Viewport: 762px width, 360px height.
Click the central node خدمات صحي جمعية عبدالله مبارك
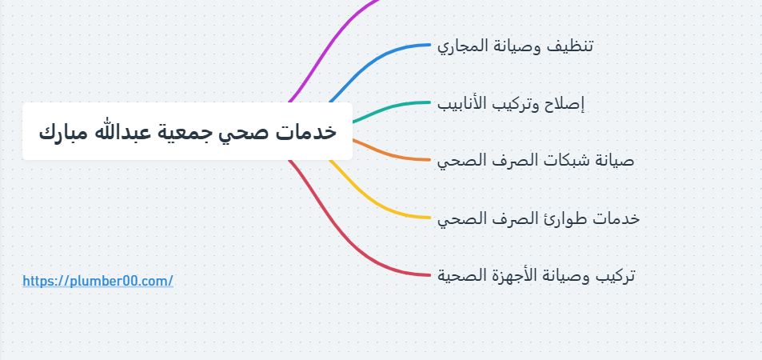click(187, 131)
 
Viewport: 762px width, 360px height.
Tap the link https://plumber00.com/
click(98, 281)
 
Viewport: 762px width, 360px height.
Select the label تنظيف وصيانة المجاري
click(515, 46)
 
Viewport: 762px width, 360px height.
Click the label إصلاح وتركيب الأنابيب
click(511, 104)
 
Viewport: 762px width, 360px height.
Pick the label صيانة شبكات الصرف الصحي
click(536, 161)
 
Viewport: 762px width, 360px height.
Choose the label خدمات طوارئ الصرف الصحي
click(538, 218)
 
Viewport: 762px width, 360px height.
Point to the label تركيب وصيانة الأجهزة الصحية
click(536, 275)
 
